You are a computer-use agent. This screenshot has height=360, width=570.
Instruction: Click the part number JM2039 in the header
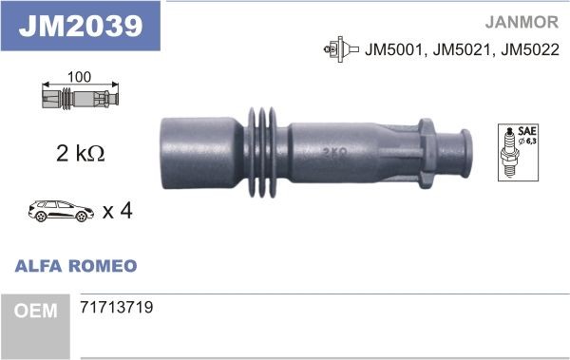81,26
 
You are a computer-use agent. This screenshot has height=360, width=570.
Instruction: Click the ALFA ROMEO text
75,266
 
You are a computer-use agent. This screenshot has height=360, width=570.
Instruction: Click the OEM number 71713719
117,308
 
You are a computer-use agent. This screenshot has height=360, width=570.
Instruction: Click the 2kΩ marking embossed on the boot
333,151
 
